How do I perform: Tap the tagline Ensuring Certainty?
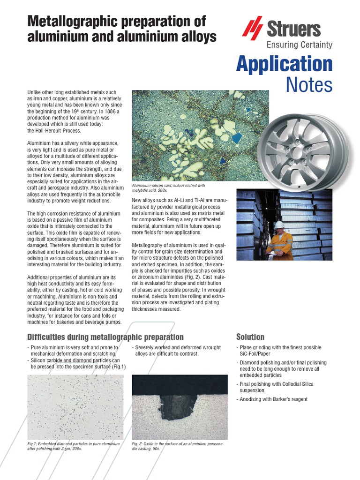pos(300,45)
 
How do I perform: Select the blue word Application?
pos(284,64)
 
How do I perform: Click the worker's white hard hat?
pos(279,225)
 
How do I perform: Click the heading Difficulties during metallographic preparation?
pos(105,337)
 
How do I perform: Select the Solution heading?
pos(250,337)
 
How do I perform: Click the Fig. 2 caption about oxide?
pos(177,446)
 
